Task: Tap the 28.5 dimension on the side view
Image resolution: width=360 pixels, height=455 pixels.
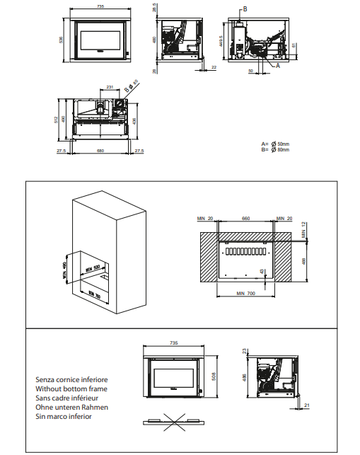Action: pos(154,8)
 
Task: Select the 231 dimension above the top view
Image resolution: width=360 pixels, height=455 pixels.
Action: pos(110,88)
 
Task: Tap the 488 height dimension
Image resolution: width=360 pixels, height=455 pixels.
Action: pos(304,261)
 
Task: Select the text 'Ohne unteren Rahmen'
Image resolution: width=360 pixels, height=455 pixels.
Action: pos(71,408)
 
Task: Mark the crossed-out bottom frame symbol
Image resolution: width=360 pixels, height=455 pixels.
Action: pos(174,421)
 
